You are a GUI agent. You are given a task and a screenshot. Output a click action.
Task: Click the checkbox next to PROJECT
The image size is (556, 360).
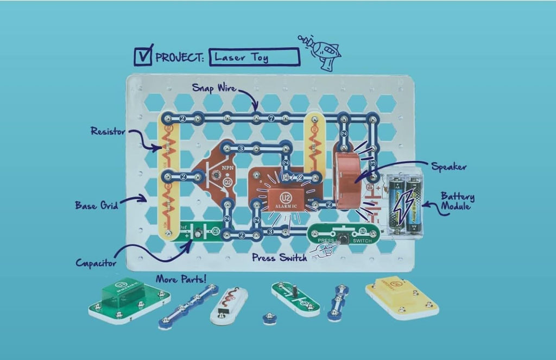click(144, 55)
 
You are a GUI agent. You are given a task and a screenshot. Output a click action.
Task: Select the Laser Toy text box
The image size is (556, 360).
click(254, 57)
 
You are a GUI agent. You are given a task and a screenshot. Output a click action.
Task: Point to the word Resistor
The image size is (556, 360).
click(108, 131)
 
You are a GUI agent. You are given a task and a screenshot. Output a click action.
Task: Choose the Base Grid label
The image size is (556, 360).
click(94, 205)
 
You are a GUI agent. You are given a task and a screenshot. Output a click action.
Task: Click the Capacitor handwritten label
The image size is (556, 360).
click(96, 263)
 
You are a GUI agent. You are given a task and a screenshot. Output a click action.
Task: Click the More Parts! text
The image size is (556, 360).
click(181, 280)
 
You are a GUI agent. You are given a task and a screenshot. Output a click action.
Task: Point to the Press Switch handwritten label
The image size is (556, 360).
click(279, 257)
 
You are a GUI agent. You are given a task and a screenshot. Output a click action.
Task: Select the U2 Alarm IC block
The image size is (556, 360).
click(287, 199)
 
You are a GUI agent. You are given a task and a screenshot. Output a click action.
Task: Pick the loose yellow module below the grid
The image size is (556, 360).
click(402, 298)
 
